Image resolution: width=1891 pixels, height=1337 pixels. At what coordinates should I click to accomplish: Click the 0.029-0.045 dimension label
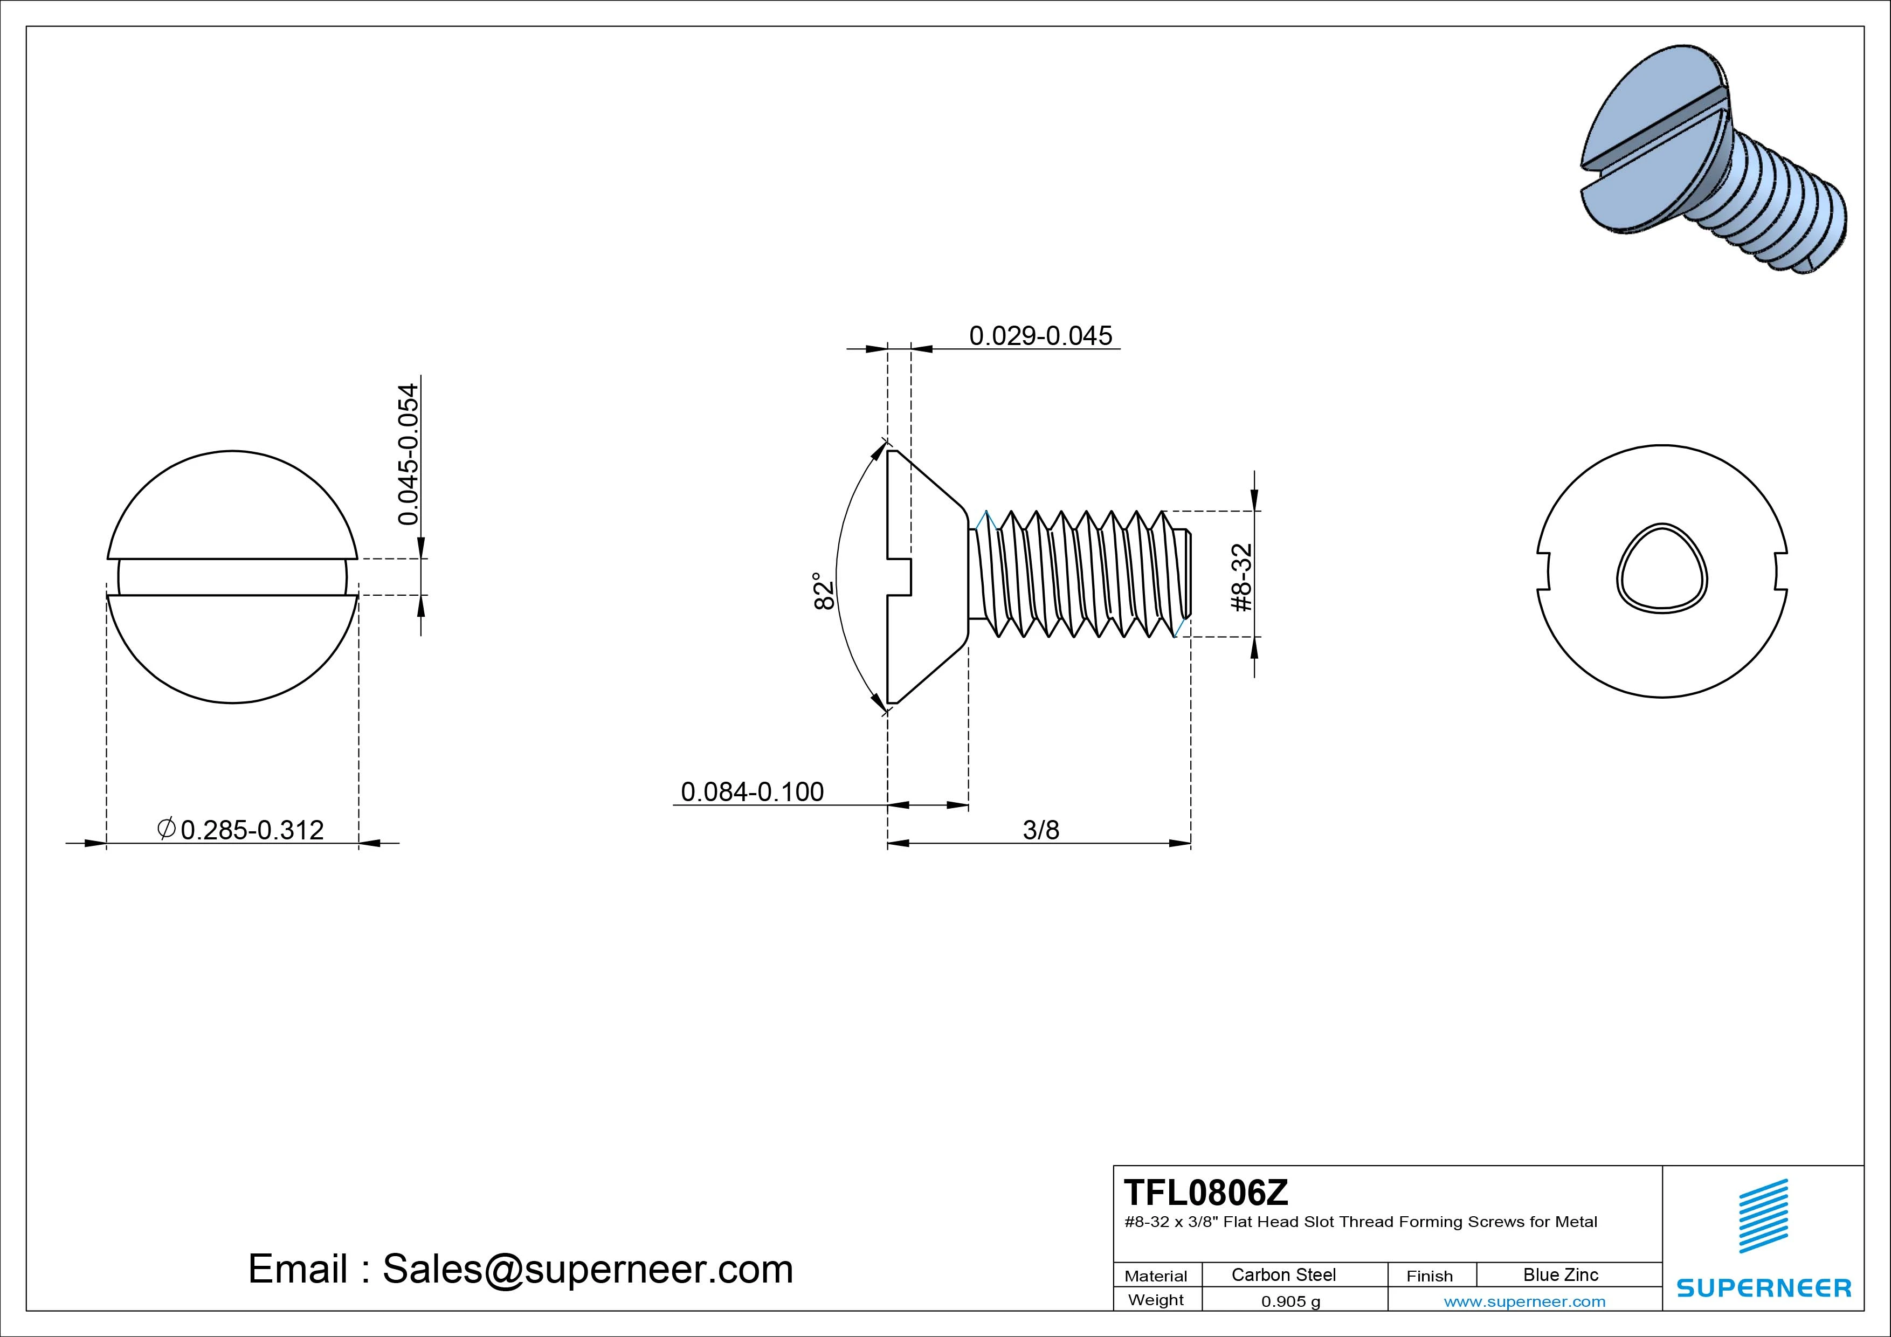(x=1040, y=336)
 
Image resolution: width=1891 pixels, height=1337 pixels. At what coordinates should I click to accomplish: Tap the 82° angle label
(x=824, y=591)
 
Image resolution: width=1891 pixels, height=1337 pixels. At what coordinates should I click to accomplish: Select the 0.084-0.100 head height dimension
(x=752, y=791)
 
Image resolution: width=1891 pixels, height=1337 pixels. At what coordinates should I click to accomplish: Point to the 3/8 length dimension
(x=1040, y=830)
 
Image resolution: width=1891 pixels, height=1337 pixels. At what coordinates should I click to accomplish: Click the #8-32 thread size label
(x=1241, y=577)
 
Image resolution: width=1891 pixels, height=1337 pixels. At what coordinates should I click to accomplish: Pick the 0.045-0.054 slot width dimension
(x=408, y=454)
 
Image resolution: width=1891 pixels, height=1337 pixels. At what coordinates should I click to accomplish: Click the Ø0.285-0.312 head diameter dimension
(x=241, y=830)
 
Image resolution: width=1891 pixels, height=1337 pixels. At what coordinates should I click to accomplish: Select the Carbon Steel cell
(x=1283, y=1274)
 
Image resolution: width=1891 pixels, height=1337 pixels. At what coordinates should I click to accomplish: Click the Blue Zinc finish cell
(x=1560, y=1274)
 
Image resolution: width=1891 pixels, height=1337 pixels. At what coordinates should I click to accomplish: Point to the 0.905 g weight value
(x=1290, y=1301)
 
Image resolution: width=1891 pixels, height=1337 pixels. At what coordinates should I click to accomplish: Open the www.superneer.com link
(x=1524, y=1301)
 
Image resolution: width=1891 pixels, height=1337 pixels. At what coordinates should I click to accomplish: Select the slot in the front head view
(x=232, y=577)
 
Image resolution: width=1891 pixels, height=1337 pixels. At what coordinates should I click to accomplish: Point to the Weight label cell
(x=1156, y=1300)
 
